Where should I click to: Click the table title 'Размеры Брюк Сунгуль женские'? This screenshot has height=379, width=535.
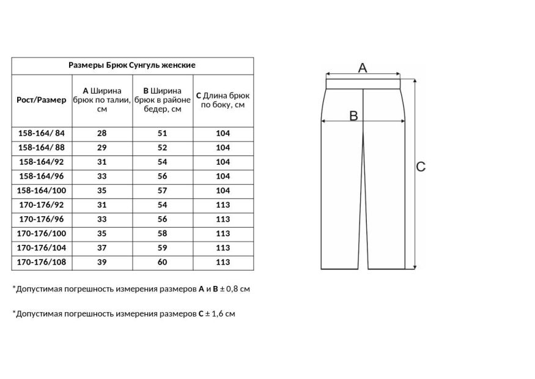pos(133,65)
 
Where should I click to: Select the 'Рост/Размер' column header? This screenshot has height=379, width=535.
pos(42,100)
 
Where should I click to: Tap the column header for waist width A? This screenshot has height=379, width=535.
pos(102,100)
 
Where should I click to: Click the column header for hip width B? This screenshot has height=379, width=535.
pos(163,100)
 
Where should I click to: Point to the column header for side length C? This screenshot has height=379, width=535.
pos(223,100)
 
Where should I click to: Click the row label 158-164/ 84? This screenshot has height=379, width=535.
pos(42,133)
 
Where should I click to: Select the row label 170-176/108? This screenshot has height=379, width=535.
pos(42,262)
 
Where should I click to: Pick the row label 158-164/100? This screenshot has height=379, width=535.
pos(42,190)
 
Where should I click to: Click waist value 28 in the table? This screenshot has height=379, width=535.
pos(102,133)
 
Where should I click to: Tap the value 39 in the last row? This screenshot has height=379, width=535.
pos(102,262)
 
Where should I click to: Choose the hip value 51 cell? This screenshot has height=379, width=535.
pos(163,133)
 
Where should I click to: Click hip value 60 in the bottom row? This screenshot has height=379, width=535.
pos(163,262)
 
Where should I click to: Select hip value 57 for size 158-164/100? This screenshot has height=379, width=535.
pos(163,190)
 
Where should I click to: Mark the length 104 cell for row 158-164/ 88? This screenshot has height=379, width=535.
pos(223,148)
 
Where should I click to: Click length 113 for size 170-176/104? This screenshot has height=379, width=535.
pos(223,248)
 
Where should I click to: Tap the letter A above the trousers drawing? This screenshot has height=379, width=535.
pos(362,68)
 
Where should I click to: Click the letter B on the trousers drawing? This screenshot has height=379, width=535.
pos(353,116)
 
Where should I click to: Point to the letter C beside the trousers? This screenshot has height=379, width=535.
pos(421,167)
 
